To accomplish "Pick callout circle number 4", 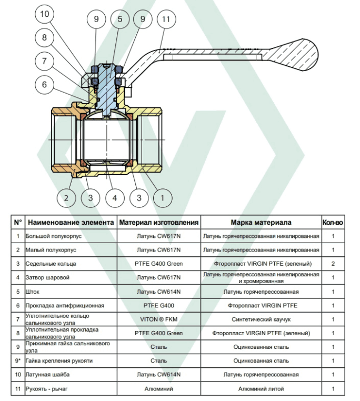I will (115, 198).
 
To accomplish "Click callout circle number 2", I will (66, 198).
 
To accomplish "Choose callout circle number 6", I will (45, 84).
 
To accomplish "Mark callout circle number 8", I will (45, 37).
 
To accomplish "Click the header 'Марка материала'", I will (261, 223).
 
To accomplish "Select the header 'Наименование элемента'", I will (71, 223).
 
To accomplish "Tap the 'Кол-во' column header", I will (333, 223).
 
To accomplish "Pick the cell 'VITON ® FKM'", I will (158, 319).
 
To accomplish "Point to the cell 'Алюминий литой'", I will (261, 389).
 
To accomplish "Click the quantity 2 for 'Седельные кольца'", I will (333, 264).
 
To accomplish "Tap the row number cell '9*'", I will (17, 361).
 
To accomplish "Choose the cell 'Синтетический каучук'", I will (261, 319).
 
